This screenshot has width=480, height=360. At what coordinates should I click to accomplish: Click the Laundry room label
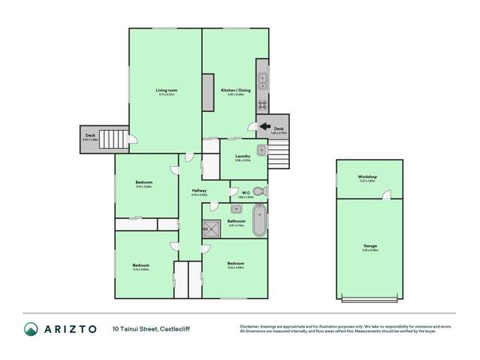pos(242,156)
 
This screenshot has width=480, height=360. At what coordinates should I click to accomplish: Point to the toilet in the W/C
pos(258,191)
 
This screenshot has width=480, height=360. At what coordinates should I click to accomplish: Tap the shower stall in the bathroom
pos(213,228)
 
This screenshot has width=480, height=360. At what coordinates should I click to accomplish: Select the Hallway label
pos(199,191)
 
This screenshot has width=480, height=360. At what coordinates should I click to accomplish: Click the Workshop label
pos(367,177)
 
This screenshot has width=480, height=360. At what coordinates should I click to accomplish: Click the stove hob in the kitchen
pos(263,104)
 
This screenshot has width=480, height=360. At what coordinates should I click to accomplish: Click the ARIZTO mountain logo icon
pos(31,328)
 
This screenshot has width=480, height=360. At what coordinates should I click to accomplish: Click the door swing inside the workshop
pos(387,195)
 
